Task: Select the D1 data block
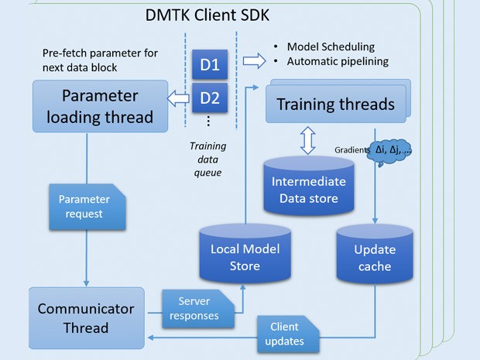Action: point(209,63)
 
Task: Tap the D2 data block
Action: point(209,98)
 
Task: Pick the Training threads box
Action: point(334,105)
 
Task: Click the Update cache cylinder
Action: point(374,258)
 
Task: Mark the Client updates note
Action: point(284,333)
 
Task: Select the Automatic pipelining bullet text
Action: point(336,60)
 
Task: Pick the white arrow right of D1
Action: point(253,60)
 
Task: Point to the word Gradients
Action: point(351,149)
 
